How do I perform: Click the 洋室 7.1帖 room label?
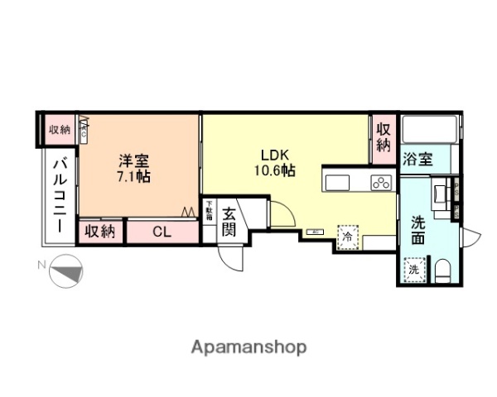pos(133,167)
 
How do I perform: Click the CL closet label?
pos(162,232)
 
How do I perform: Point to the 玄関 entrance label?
pos(229,221)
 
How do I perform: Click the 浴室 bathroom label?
pos(417,160)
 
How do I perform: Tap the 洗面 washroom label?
pos(419,230)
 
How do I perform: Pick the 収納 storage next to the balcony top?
pos(60,129)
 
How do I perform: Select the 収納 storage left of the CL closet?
pos(100,232)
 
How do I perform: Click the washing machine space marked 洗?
pos(413,268)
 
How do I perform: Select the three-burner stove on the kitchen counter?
pos(380,184)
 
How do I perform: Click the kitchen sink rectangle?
pos(339,183)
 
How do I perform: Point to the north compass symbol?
pos(66,273)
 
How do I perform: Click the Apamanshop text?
pos(249,347)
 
